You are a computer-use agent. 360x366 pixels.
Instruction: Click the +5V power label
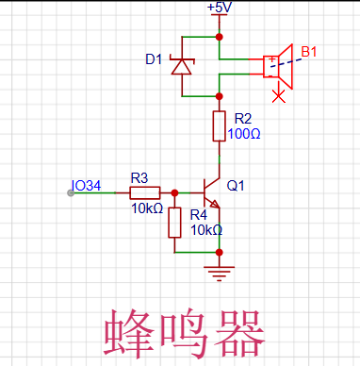(218, 8)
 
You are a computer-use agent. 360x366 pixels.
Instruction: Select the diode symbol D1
(181, 66)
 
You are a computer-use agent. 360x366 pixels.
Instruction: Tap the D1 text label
(153, 59)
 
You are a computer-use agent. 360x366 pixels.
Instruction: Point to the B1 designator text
(310, 50)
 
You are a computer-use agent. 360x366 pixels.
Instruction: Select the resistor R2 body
(219, 125)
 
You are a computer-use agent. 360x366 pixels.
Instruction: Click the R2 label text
(242, 118)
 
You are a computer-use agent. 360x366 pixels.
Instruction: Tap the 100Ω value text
(245, 133)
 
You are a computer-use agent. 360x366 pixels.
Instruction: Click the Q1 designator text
(236, 186)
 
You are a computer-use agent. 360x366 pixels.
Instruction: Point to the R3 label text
(139, 177)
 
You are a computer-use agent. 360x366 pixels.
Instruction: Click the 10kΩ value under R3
(146, 208)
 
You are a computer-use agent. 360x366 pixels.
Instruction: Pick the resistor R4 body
(174, 224)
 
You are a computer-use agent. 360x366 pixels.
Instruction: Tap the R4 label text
(199, 215)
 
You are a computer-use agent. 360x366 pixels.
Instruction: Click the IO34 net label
(86, 185)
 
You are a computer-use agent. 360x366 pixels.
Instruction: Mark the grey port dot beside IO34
(72, 193)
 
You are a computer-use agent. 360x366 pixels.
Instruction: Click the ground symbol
(219, 273)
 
